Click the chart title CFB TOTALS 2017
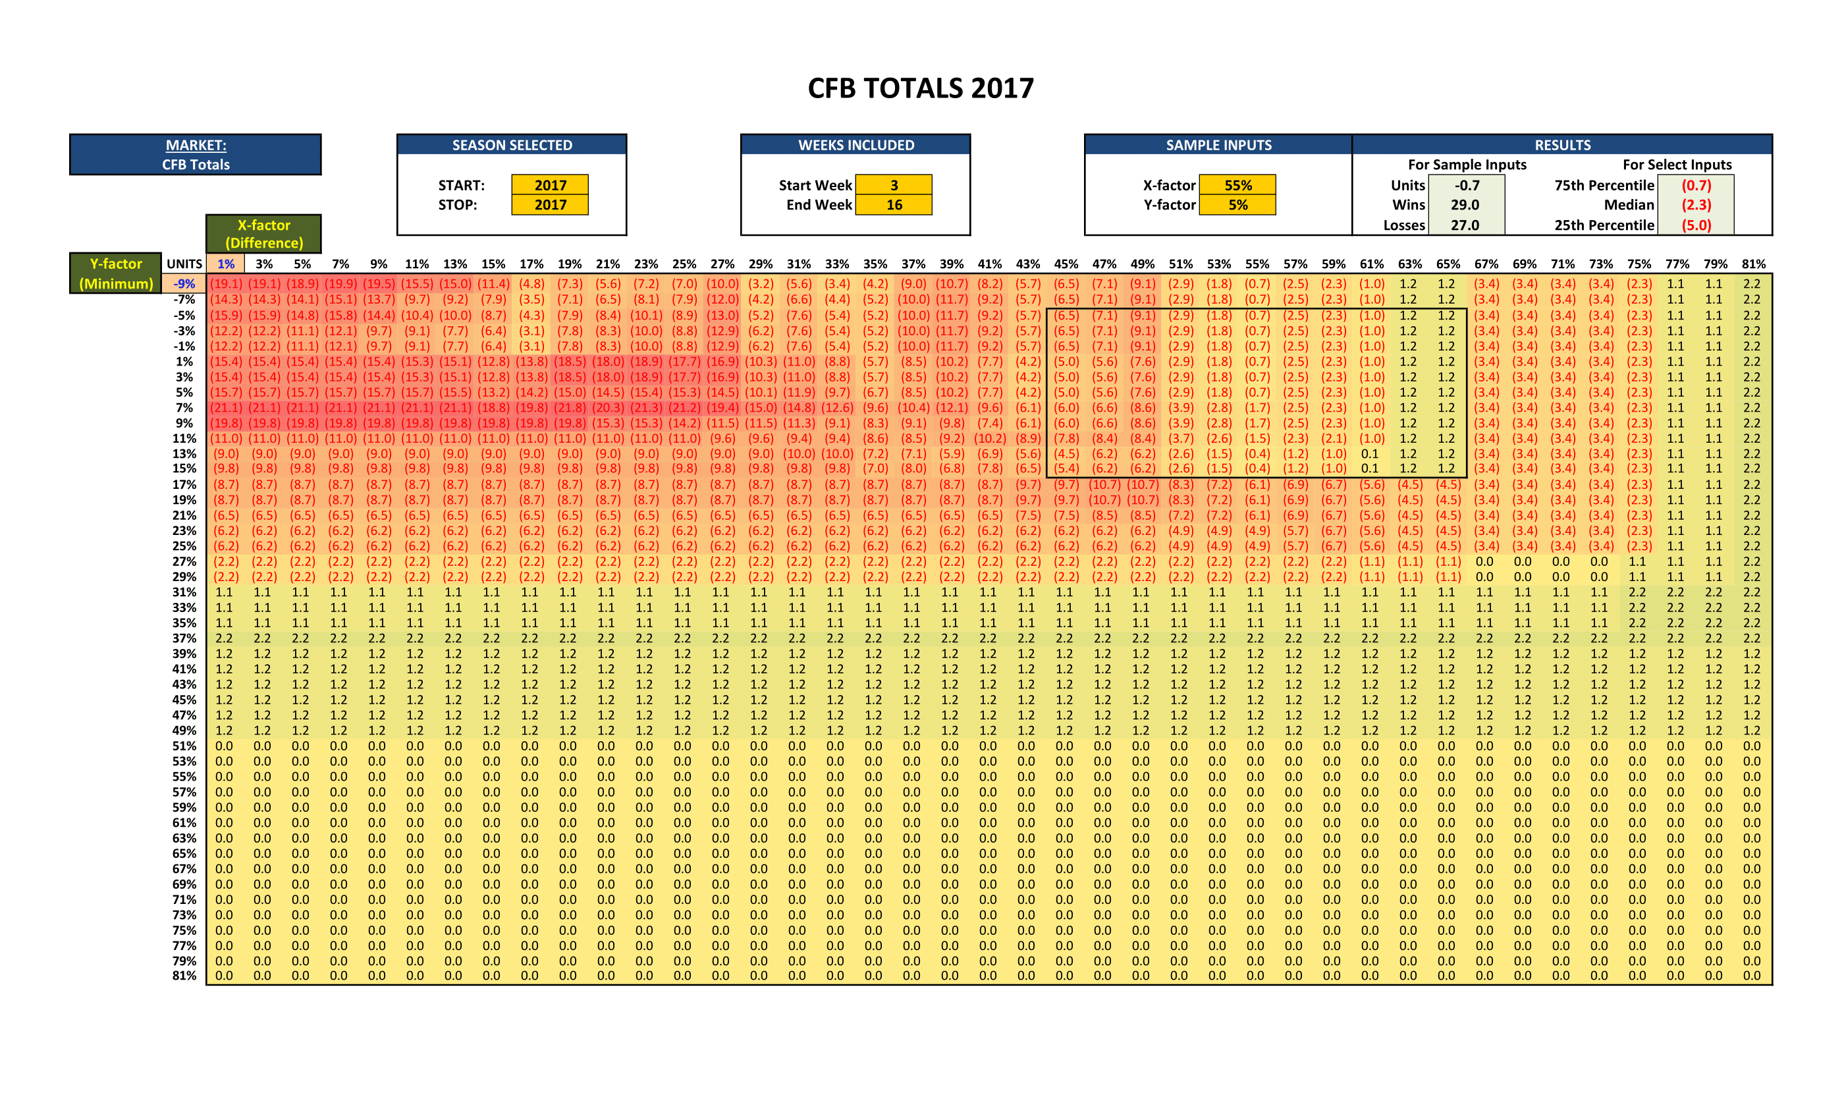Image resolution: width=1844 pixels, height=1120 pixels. (921, 88)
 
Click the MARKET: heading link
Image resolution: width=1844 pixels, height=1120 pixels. (196, 145)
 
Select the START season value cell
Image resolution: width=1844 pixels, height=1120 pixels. (550, 185)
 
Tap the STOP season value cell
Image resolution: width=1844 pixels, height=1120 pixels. (550, 204)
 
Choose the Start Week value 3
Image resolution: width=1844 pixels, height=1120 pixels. (894, 185)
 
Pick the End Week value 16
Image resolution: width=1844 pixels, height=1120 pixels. (894, 204)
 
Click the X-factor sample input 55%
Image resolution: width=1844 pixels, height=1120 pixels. (1238, 185)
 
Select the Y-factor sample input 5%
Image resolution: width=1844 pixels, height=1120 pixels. (1238, 204)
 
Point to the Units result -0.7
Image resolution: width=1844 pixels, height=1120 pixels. (1466, 185)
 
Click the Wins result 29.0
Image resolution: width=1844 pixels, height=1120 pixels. (1465, 204)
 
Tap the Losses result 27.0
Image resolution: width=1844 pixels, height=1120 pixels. (1465, 225)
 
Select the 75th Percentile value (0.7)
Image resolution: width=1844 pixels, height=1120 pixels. (1696, 185)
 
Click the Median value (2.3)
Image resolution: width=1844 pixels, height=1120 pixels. (1696, 204)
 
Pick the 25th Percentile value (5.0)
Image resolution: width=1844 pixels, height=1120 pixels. (1696, 225)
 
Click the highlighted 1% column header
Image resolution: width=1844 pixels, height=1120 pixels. (225, 264)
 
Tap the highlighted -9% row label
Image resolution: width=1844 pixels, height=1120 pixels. (184, 284)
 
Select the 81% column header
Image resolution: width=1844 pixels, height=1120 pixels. (1753, 264)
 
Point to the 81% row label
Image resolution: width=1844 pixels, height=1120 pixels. (184, 976)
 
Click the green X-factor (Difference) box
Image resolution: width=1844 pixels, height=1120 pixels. (263, 234)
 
